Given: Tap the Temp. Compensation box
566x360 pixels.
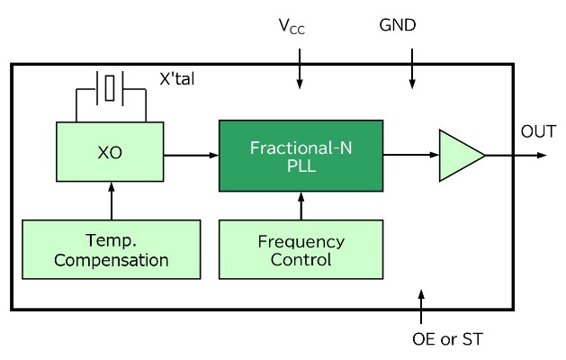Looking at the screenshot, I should click(x=111, y=250).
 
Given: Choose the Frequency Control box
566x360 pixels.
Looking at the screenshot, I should click(x=301, y=251).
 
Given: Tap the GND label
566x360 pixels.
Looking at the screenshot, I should click(x=398, y=26).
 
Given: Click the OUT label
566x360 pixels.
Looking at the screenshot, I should click(x=538, y=131).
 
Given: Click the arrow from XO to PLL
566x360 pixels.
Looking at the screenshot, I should click(x=192, y=155).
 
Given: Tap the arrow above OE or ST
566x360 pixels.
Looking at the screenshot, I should click(x=422, y=305).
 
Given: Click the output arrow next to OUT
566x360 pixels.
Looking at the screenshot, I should click(x=517, y=155).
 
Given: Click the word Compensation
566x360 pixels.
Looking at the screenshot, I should click(x=111, y=262).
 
